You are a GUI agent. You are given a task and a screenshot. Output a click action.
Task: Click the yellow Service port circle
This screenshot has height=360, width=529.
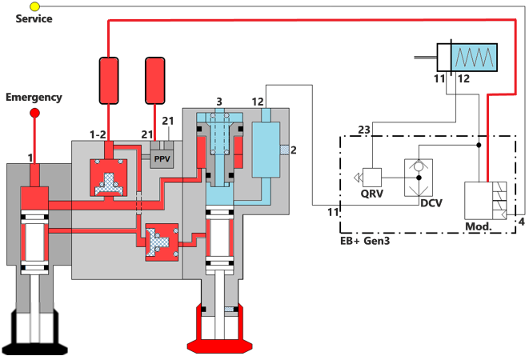[34, 6]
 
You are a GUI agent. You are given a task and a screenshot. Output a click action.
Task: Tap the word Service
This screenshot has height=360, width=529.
[34, 18]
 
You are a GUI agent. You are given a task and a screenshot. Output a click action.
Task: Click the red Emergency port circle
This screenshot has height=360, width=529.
[34, 113]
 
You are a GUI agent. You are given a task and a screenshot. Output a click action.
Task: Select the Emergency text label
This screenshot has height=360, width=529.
[34, 98]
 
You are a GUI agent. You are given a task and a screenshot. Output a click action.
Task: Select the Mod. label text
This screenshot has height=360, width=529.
[478, 226]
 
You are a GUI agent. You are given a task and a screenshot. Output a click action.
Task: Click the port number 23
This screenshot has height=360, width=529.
[364, 129]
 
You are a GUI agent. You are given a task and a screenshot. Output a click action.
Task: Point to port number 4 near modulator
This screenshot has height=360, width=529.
[522, 221]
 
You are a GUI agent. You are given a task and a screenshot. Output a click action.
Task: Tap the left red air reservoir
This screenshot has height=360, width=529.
[108, 80]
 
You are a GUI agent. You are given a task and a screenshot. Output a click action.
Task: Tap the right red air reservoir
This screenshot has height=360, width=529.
[157, 80]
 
